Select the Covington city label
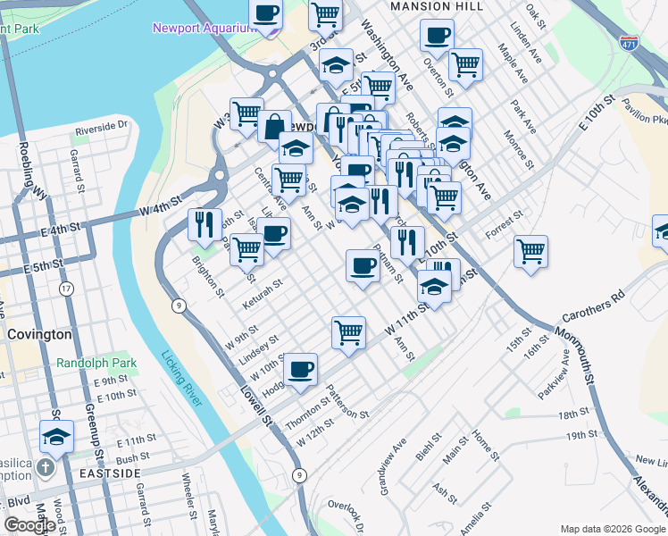click(x=39, y=334)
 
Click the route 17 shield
click(x=66, y=289)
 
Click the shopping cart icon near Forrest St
click(x=530, y=250)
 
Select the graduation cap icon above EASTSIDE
click(x=55, y=436)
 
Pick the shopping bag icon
click(x=274, y=126)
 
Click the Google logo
click(x=29, y=525)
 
